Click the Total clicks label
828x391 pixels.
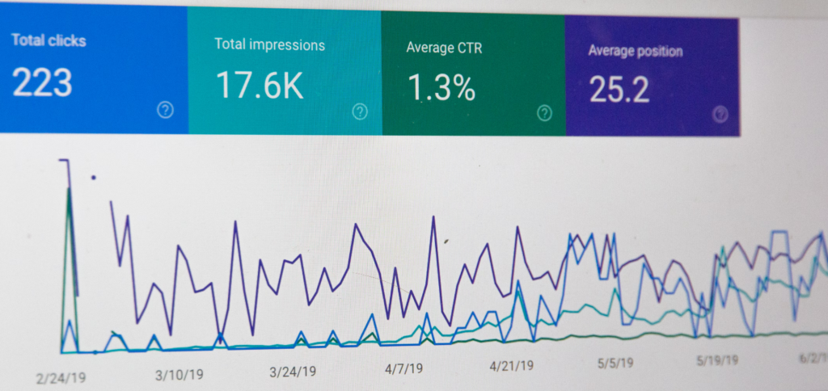pos(49,40)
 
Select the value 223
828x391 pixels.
pos(42,82)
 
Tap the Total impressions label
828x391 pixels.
pos(269,44)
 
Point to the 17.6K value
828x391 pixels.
pos(260,86)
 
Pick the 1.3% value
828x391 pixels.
pos(441,88)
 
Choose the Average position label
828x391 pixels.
pos(635,51)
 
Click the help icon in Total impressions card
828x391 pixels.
pos(360,111)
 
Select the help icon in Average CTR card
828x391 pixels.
pos(545,113)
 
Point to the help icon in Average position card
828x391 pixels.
pos(720,114)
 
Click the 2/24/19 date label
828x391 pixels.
pos(61,376)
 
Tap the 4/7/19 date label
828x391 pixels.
pos(403,368)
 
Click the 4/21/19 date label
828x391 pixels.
pos(511,365)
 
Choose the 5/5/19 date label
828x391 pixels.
pos(615,363)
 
